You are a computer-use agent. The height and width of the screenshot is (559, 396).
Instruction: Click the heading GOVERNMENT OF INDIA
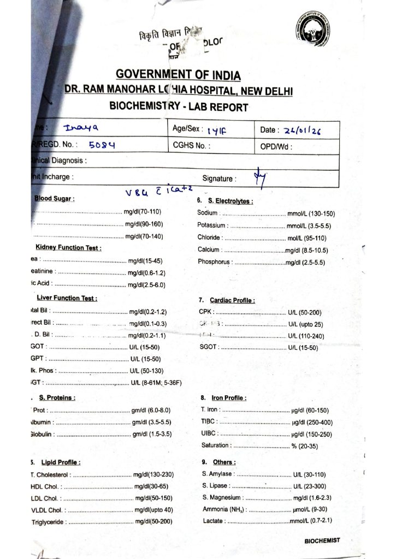tap(178, 75)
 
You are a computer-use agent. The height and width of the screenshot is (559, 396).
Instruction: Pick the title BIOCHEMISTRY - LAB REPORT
tap(179, 106)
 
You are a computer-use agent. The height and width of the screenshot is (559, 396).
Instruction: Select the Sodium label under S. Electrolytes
tap(208, 213)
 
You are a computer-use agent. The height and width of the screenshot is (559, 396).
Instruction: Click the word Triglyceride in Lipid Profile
tap(49, 522)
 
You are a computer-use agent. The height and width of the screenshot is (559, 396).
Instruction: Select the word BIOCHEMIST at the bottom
tap(322, 540)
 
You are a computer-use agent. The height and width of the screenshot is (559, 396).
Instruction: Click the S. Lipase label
tap(215, 486)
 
